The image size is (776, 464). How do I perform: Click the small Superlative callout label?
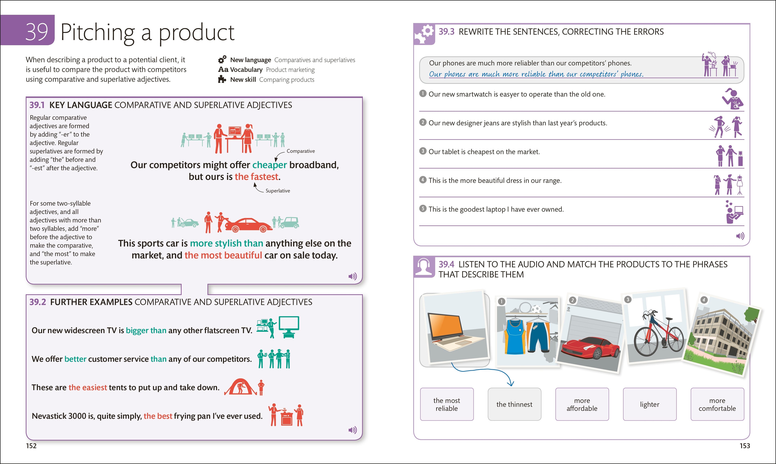point(278,191)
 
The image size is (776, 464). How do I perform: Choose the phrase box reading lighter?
point(649,404)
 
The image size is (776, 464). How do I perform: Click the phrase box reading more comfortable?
point(717,404)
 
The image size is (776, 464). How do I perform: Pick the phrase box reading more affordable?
point(582,404)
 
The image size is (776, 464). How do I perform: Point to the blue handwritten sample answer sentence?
point(536,74)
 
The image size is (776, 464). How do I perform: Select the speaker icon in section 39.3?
point(740,236)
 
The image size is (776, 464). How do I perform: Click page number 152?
point(31,446)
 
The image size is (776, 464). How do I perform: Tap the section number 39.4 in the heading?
point(446,265)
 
